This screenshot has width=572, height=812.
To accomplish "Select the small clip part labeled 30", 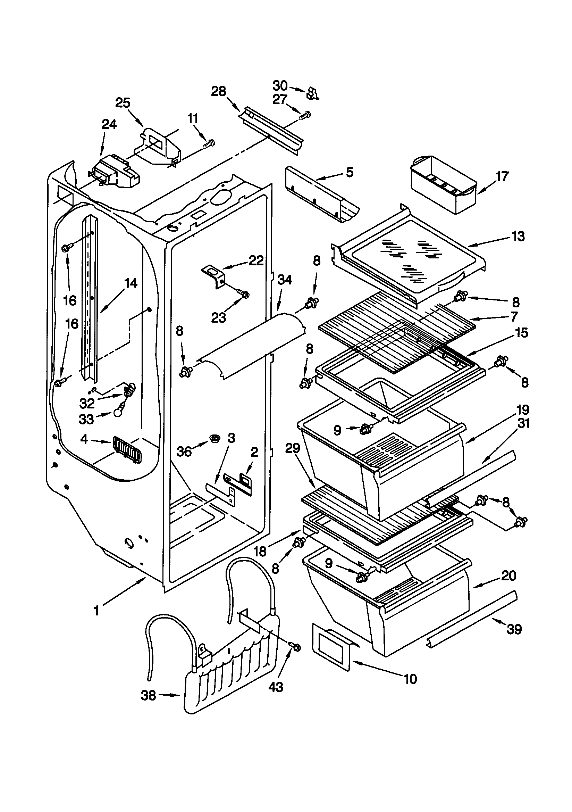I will coord(312,93).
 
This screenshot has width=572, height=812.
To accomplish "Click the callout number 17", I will coord(502,176).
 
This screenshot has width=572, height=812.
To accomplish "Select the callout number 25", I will coord(123,103).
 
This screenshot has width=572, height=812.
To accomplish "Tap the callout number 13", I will coord(518,236).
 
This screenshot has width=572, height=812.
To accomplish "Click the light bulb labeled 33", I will coord(118,413).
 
